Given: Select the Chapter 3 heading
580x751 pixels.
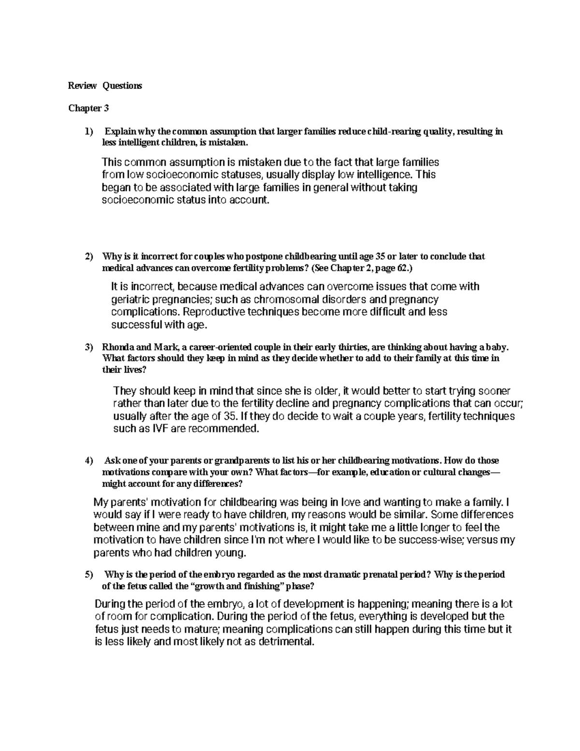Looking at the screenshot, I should coord(88,108).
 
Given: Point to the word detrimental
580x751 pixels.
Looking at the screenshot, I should coord(286,642).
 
